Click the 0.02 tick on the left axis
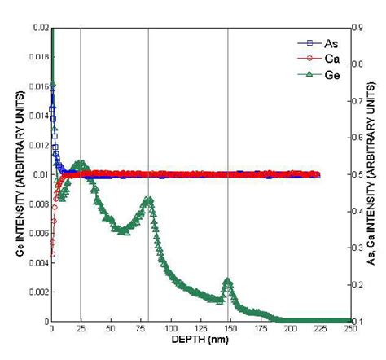click(38, 28)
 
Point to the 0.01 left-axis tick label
click(38, 174)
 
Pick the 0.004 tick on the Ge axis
click(36, 262)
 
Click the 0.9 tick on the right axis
click(358, 28)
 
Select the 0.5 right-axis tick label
click(358, 174)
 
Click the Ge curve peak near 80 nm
click(148, 200)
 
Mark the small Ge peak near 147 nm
click(227, 282)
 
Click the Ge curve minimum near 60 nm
click(123, 231)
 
